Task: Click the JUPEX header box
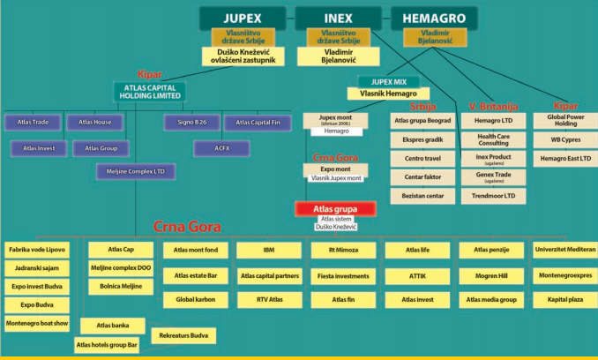pos(243,18)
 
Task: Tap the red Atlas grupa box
pos(335,209)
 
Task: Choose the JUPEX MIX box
pos(382,81)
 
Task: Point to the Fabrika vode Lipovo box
pos(38,251)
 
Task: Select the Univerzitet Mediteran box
pos(564,251)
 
